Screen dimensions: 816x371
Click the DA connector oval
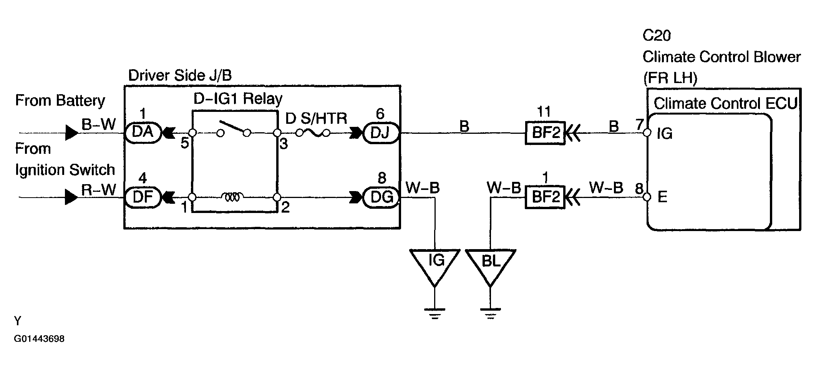click(x=143, y=133)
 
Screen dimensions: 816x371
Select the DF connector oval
click(x=143, y=197)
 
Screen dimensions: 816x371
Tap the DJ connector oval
click(x=380, y=133)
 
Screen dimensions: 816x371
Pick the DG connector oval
click(x=380, y=198)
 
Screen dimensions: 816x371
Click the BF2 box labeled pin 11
click(x=545, y=133)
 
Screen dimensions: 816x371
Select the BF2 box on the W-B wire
click(x=545, y=197)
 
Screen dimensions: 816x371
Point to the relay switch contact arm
click(x=232, y=127)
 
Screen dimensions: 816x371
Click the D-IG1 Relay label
click(x=238, y=99)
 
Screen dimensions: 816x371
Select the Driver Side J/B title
click(x=180, y=75)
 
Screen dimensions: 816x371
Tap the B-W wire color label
click(x=99, y=125)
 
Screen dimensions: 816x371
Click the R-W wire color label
click(x=99, y=190)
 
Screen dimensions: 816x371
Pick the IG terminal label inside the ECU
click(x=665, y=133)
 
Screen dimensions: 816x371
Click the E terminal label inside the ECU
click(x=662, y=197)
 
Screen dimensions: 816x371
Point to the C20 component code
click(x=657, y=36)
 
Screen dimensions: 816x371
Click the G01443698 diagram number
click(x=39, y=339)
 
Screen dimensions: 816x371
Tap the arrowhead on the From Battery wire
click(x=72, y=133)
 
